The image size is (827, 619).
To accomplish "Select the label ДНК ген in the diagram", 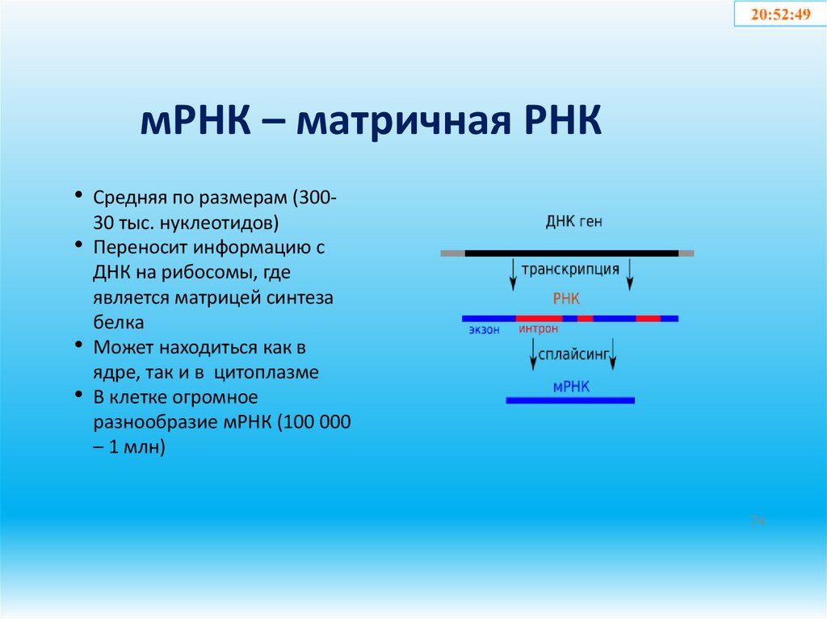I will click(573, 222).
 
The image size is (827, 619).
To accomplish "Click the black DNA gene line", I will click(571, 253).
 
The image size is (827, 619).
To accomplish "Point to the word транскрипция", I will click(571, 269).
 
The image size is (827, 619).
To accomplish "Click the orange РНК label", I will click(566, 299).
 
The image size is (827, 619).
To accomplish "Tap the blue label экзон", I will click(484, 329).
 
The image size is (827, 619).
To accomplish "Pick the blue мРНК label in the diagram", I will click(571, 387).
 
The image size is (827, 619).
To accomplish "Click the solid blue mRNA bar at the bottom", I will click(570, 400).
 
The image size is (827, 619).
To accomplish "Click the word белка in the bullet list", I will click(119, 323).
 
